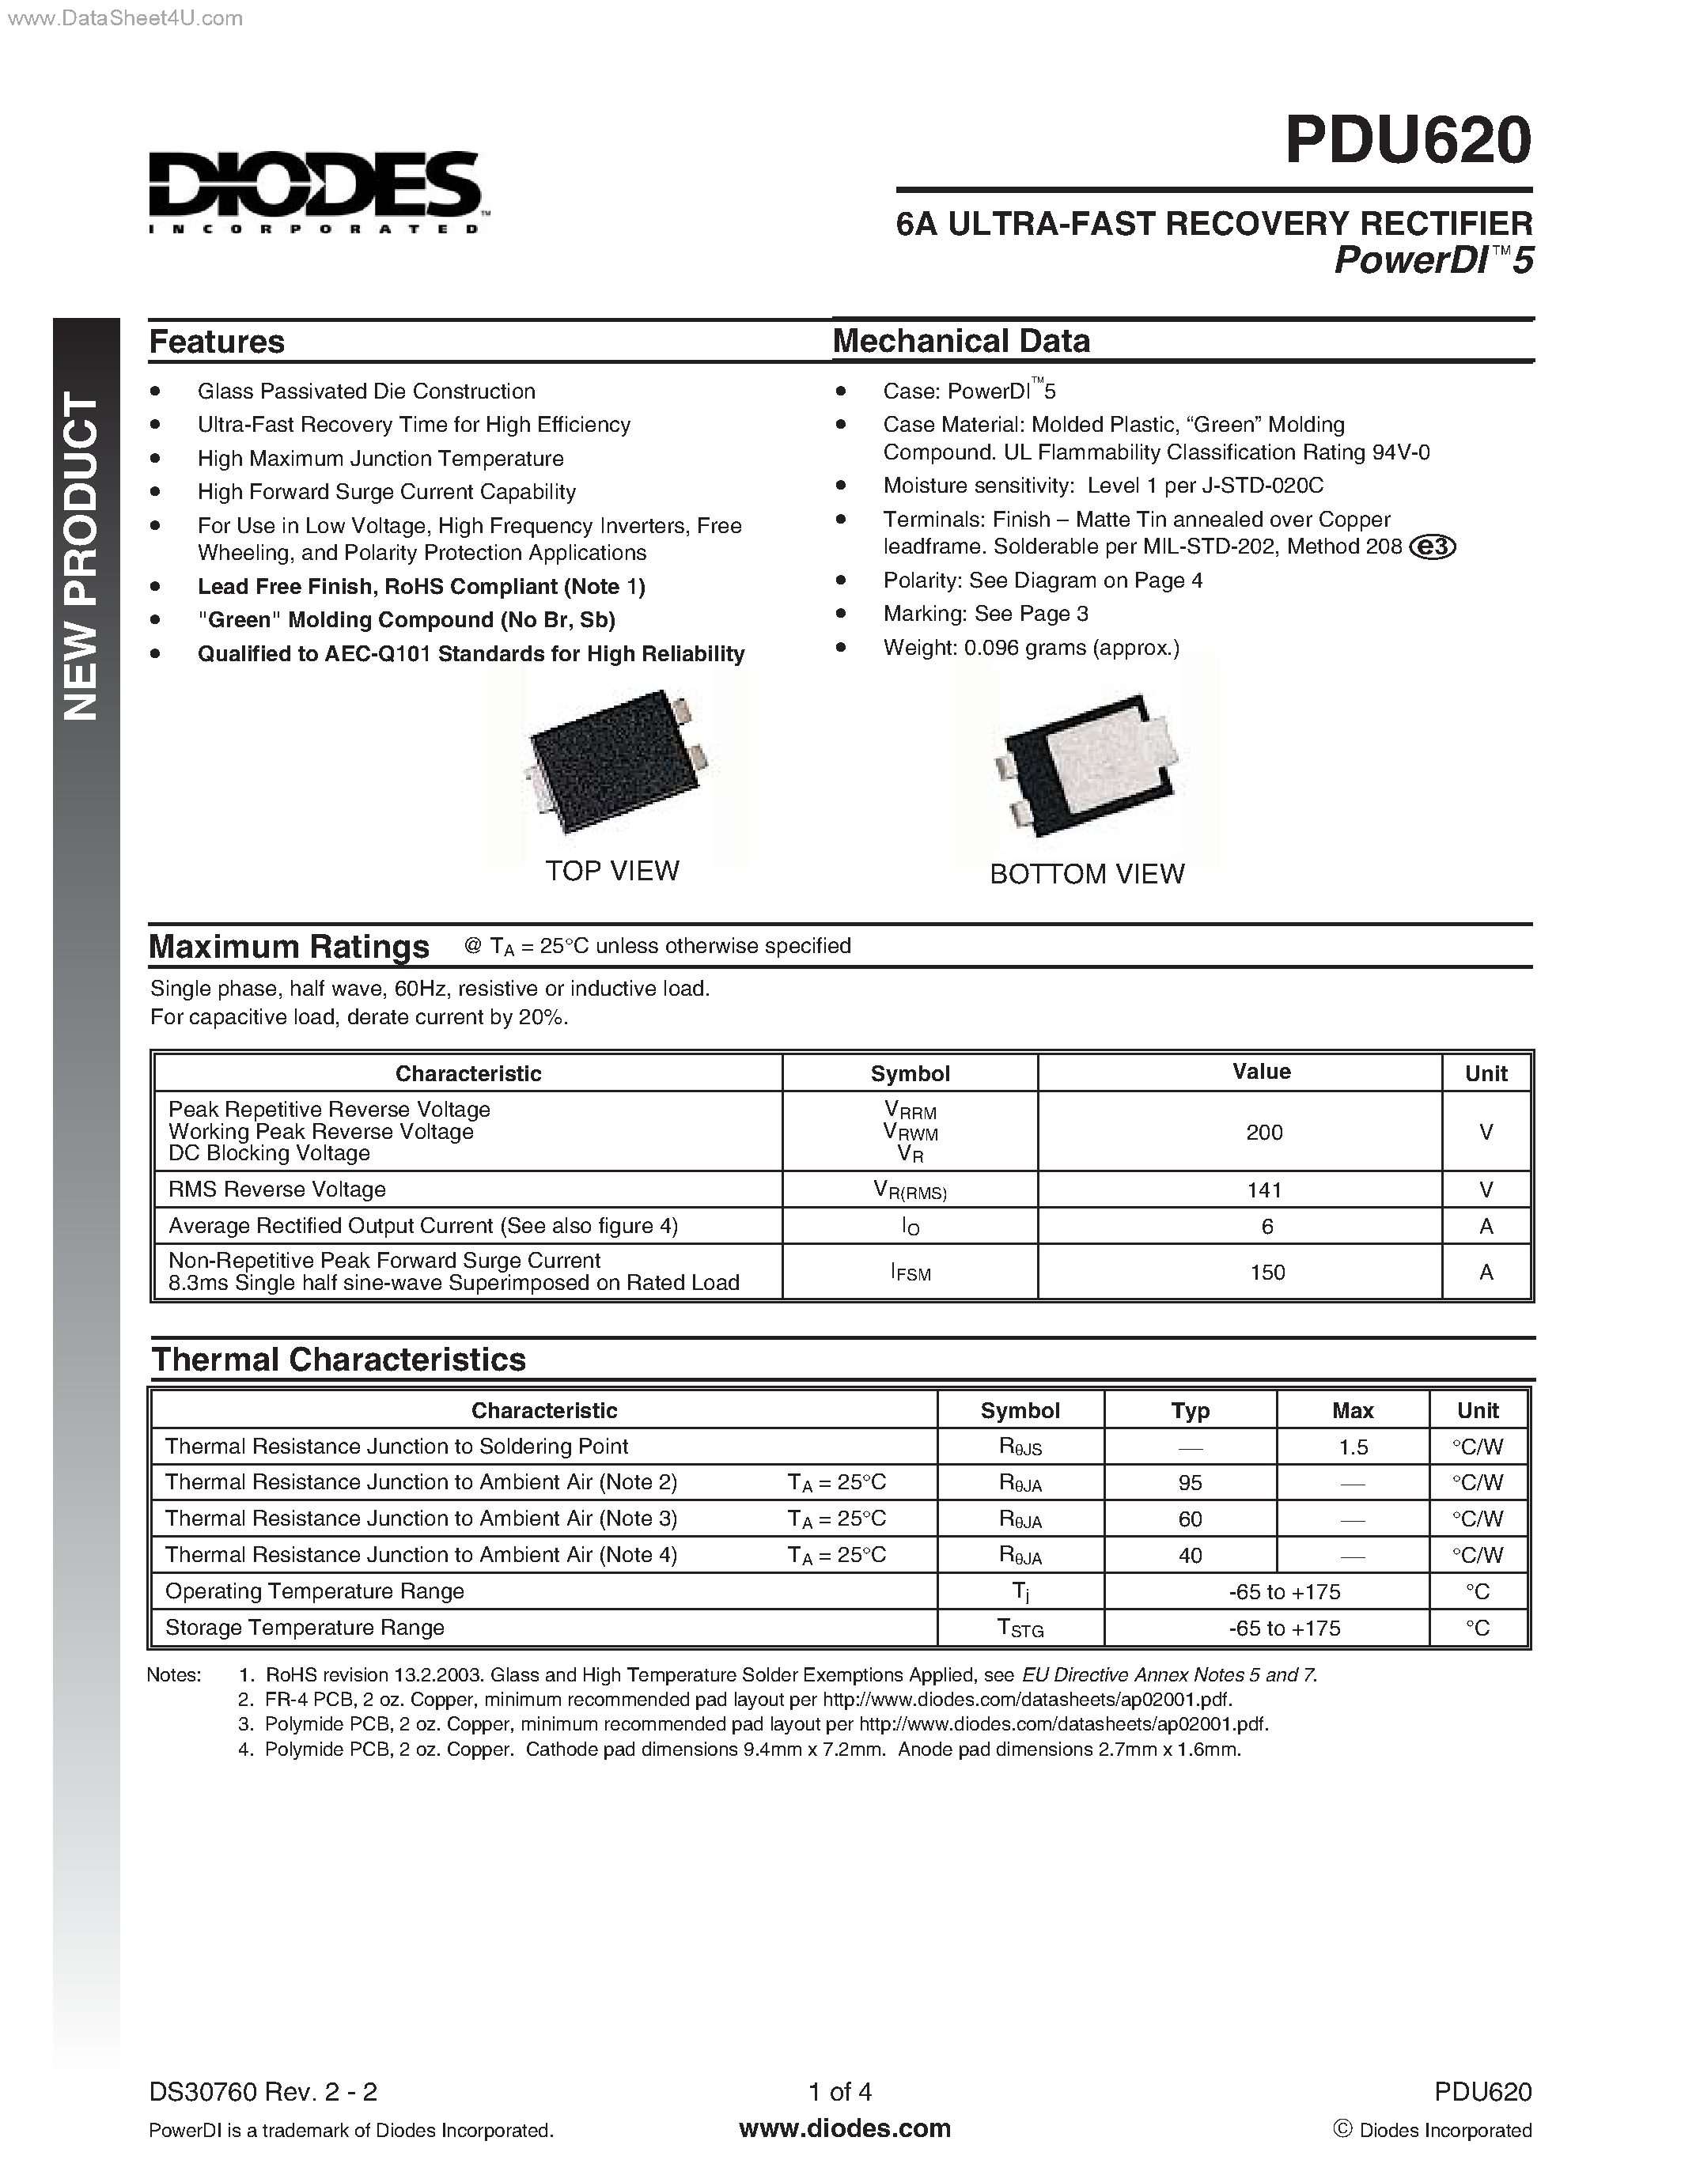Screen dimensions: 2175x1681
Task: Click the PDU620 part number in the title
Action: pyautogui.click(x=1407, y=141)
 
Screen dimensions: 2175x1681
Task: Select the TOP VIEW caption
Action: pyautogui.click(x=611, y=871)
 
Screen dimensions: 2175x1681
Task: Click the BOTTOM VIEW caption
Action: pyautogui.click(x=1086, y=873)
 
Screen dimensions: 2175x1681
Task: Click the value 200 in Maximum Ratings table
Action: pyautogui.click(x=1264, y=1133)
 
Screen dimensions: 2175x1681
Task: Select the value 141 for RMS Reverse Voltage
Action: pyautogui.click(x=1264, y=1190)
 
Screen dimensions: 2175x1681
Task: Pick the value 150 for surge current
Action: pyautogui.click(x=1266, y=1273)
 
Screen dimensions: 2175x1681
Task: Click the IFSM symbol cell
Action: pyautogui.click(x=911, y=1273)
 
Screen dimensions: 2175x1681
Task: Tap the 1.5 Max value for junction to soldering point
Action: pyautogui.click(x=1353, y=1447)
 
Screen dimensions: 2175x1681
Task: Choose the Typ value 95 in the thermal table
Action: pyautogui.click(x=1190, y=1483)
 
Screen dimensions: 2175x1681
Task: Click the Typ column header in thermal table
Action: pyautogui.click(x=1190, y=1410)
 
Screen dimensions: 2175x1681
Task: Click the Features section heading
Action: pyautogui.click(x=216, y=342)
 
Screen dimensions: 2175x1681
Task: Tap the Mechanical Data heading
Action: pyautogui.click(x=961, y=341)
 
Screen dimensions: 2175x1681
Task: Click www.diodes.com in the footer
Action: pyautogui.click(x=845, y=2128)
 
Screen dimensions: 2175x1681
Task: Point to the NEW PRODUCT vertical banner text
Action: pyautogui.click(x=82, y=558)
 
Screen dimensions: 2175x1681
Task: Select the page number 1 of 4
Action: pyautogui.click(x=839, y=2091)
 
